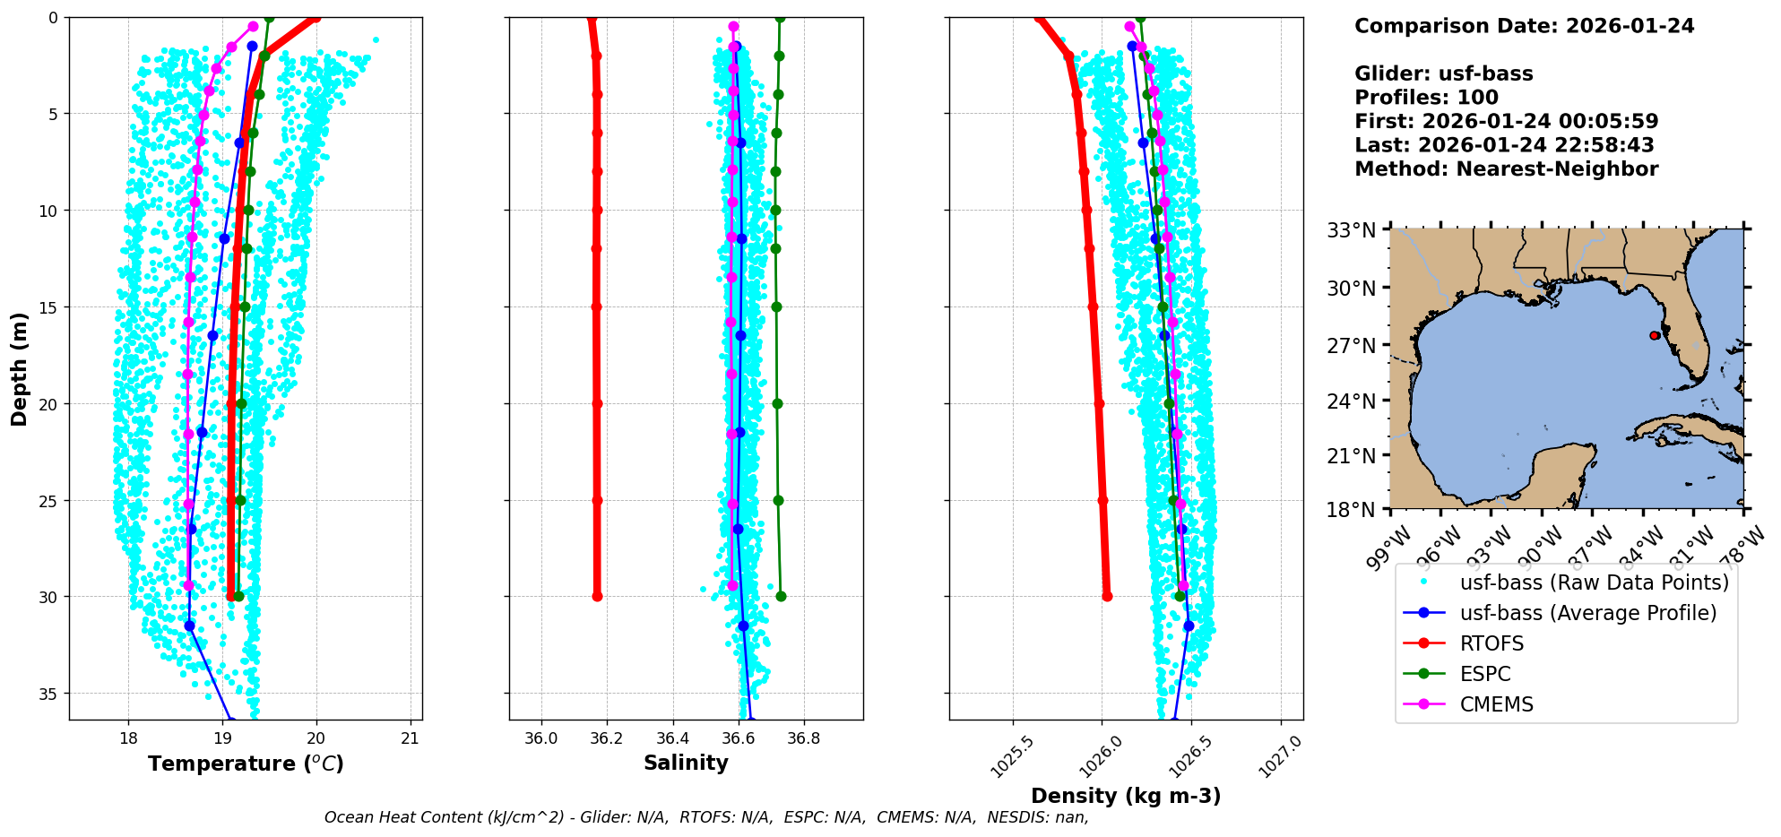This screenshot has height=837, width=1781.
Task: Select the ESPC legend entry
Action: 1485,674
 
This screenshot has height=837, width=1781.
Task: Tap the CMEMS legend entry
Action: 1496,704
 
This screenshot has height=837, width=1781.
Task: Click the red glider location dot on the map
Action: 1654,335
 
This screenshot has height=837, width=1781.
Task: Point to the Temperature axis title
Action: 246,764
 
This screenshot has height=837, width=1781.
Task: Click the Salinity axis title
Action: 686,763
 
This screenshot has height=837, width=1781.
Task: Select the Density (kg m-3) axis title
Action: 1126,796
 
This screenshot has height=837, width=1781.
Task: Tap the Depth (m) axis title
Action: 20,368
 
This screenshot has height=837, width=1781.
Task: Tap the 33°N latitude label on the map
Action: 1351,230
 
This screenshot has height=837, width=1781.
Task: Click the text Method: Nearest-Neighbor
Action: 1506,168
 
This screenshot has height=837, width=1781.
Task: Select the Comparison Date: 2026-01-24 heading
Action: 1524,26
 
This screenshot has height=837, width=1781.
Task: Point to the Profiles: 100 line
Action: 1426,98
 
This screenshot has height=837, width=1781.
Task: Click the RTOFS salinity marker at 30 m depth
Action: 597,596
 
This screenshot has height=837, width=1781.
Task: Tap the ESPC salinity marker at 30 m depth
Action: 781,596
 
